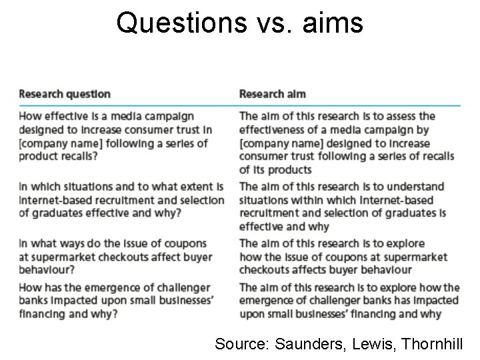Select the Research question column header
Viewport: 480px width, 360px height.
click(64, 94)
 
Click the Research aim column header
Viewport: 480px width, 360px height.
click(272, 94)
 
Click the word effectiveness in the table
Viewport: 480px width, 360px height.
click(272, 130)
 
